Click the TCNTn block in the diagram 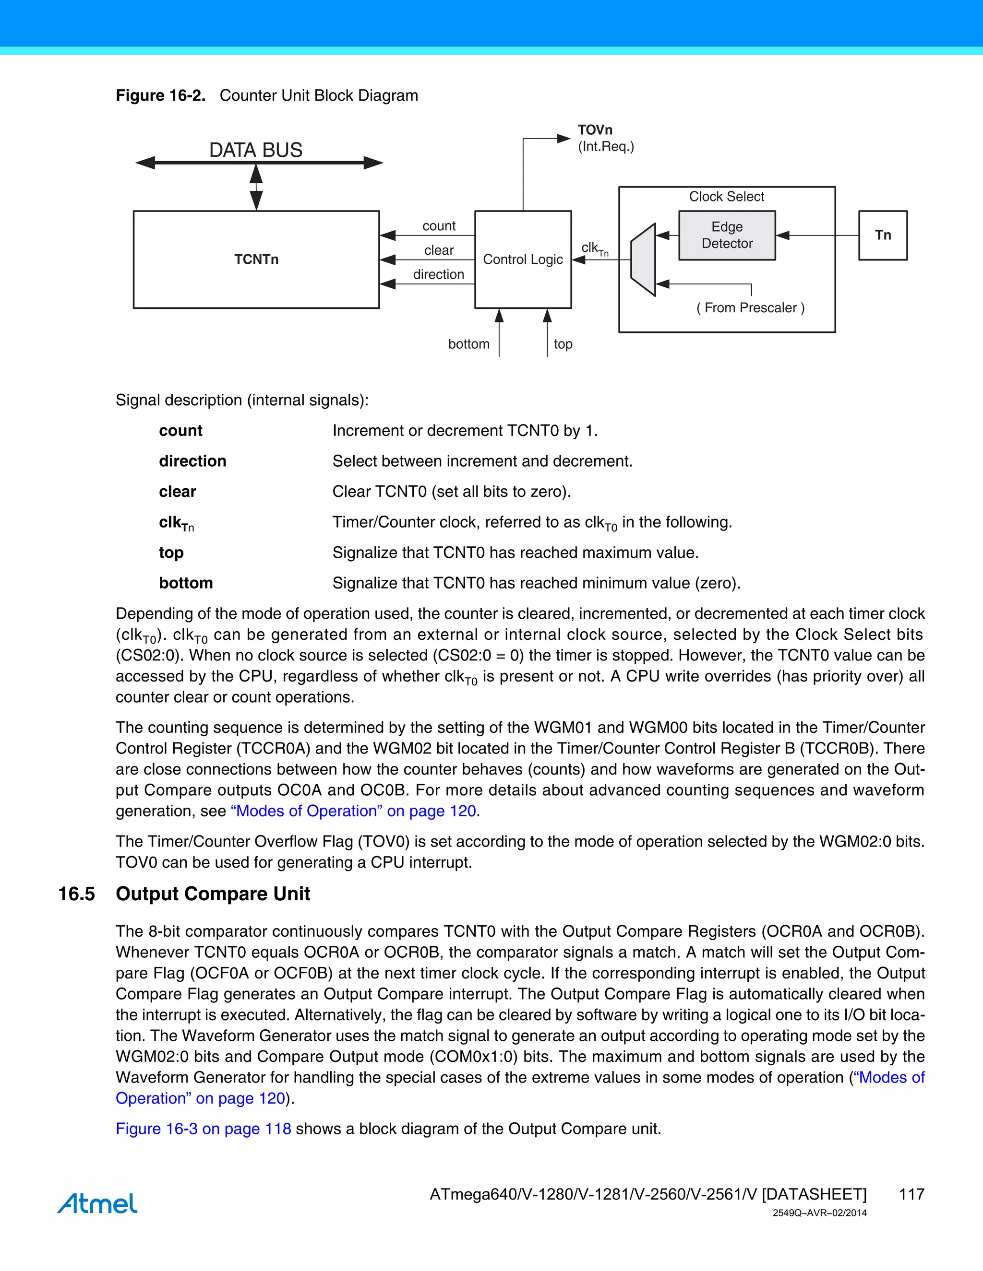point(256,259)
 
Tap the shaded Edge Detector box point(727,235)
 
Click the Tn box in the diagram point(883,235)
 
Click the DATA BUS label point(256,150)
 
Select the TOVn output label point(595,130)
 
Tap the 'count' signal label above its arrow point(439,226)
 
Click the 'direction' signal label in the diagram point(439,274)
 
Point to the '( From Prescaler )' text point(750,308)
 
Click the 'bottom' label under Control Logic point(469,344)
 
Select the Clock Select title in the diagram point(726,197)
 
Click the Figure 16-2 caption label point(160,95)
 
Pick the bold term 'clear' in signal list point(178,492)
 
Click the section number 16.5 point(76,894)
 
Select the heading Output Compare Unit point(213,894)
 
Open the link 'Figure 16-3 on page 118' point(203,1129)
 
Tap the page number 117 point(911,1194)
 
